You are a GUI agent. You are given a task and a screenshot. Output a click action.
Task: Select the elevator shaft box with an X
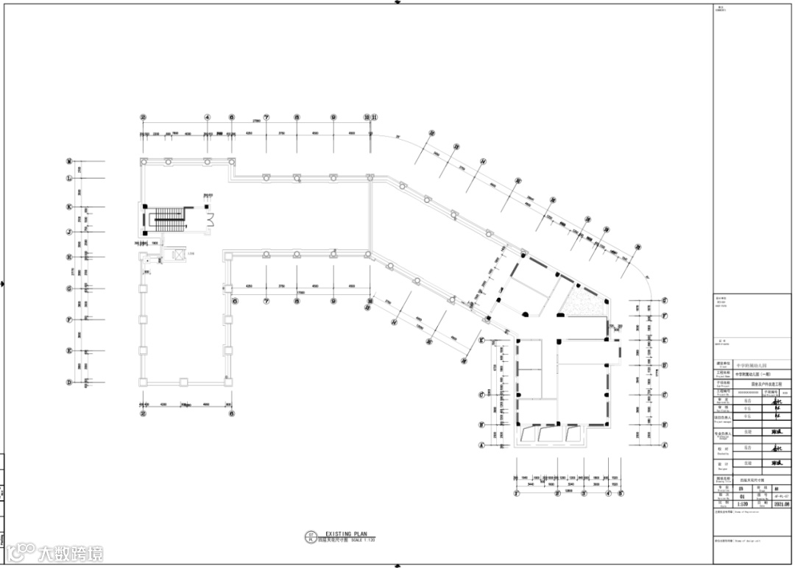(178, 255)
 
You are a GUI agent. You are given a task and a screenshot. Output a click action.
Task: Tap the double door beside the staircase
(210, 219)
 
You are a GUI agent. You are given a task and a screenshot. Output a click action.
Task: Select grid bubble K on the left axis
(68, 207)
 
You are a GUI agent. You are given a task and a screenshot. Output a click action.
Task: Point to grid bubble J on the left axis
(68, 231)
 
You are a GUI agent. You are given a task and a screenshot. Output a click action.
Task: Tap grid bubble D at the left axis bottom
(68, 382)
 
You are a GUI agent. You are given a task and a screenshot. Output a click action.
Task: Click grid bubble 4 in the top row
(208, 117)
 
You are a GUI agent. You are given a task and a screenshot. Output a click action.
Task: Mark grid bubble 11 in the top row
(374, 117)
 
